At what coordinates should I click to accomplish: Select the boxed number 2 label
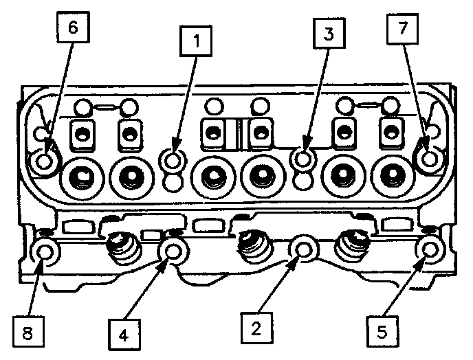pos(256,328)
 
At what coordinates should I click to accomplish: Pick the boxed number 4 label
pos(124,335)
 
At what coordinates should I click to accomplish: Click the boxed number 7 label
pos(401,30)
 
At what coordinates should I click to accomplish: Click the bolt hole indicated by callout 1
pos(172,160)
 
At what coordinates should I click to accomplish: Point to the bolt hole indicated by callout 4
pos(171,253)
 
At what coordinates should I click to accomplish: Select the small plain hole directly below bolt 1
pos(173,182)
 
